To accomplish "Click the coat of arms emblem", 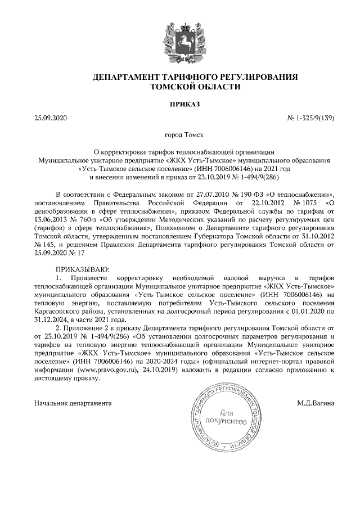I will (x=180, y=39).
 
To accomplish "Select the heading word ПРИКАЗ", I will (x=180, y=104).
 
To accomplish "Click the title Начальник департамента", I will (x=73, y=403).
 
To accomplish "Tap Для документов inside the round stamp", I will (x=224, y=416).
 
